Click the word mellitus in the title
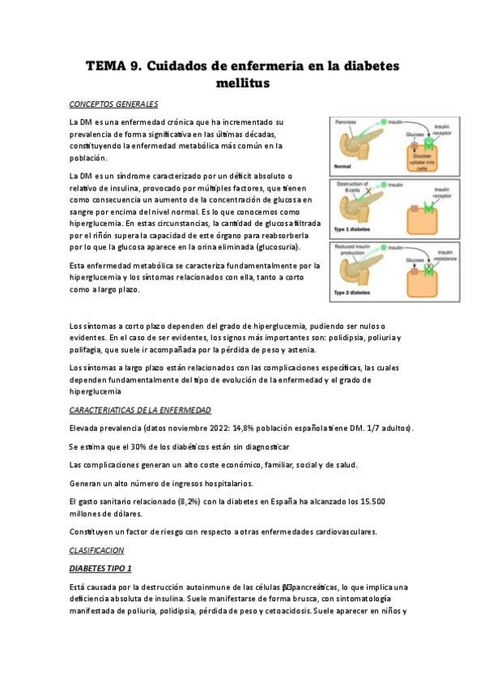242,83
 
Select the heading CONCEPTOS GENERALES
113,105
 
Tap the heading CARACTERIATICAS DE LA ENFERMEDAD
140,410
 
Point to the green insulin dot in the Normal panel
383,120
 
